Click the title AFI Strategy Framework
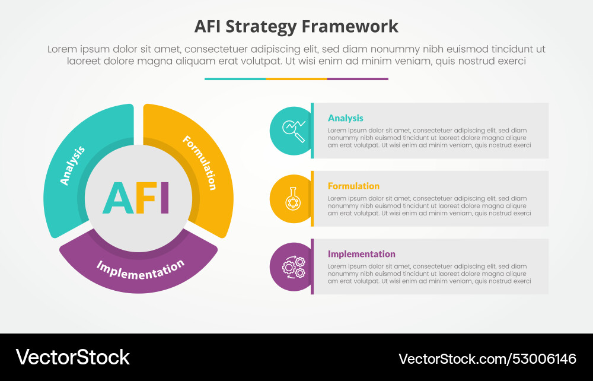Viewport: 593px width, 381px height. tap(296, 27)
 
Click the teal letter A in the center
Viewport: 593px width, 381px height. tap(117, 198)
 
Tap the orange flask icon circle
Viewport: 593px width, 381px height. tap(291, 198)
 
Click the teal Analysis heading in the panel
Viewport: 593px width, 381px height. tap(346, 118)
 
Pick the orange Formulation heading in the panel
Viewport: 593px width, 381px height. tap(353, 186)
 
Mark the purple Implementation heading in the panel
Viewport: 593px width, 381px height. tap(362, 254)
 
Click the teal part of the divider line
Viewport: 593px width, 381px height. tap(235, 78)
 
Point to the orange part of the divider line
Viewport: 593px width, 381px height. tap(296, 78)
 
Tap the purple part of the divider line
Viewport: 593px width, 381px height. tap(358, 78)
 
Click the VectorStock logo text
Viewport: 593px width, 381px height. tap(72, 357)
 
